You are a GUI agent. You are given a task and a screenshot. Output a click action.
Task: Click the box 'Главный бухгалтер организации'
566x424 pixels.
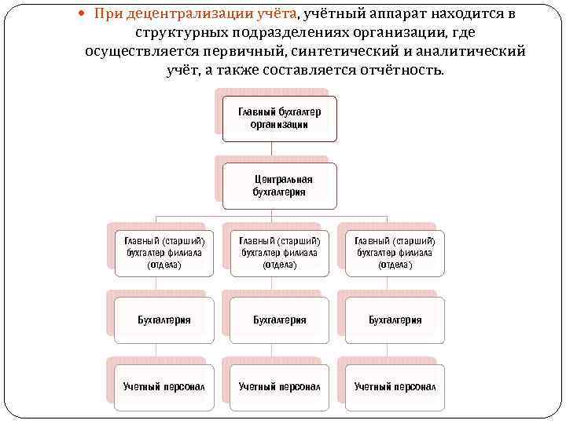click(x=279, y=119)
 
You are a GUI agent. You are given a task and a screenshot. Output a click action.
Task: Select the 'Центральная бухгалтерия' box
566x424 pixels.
click(x=279, y=185)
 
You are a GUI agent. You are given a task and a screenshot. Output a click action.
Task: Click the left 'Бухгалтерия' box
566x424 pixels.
click(x=164, y=320)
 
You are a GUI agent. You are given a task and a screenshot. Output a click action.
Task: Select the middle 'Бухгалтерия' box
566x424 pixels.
click(x=279, y=320)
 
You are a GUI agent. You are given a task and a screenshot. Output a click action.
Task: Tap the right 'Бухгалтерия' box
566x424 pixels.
click(x=395, y=320)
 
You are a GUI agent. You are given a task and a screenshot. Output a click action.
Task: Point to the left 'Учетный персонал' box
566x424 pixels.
click(x=164, y=387)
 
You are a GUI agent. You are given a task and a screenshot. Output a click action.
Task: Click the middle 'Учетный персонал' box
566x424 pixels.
click(x=279, y=387)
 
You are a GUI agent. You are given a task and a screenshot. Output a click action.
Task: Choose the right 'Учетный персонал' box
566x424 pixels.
click(x=395, y=387)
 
